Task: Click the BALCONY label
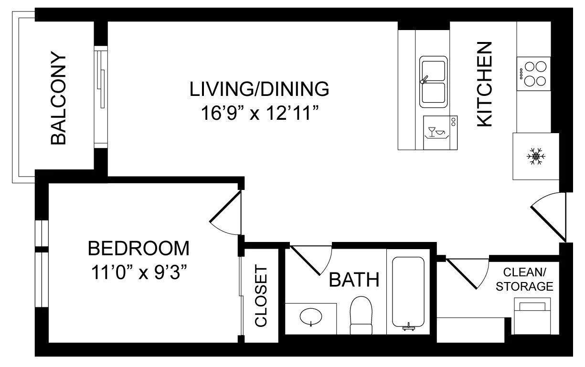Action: click(58, 98)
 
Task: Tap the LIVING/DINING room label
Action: click(259, 89)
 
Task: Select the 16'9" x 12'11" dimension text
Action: click(260, 113)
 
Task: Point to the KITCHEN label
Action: click(484, 84)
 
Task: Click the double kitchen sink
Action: click(433, 82)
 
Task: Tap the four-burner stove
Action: click(533, 74)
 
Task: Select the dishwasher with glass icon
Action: click(440, 133)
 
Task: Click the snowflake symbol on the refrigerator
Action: click(536, 157)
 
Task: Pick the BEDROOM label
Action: click(138, 248)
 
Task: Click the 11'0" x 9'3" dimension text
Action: click(139, 272)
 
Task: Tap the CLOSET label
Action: click(261, 296)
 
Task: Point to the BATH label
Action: click(354, 280)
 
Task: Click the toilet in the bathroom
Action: click(361, 315)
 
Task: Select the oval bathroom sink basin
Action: click(311, 317)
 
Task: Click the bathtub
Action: click(408, 293)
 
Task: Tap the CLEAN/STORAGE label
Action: click(524, 279)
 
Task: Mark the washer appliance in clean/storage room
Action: click(532, 316)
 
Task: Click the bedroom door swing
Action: click(225, 212)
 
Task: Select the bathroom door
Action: click(311, 260)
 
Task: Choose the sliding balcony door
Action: click(101, 97)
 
